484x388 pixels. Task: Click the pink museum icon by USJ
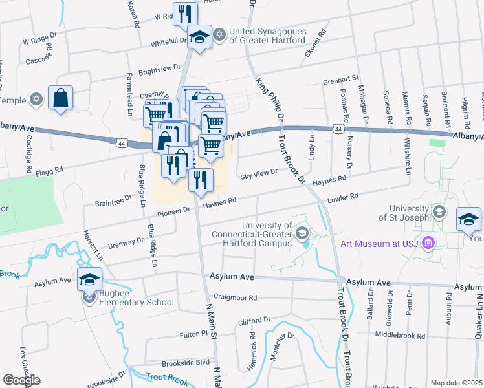point(427,243)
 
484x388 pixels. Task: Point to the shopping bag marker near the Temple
point(60,99)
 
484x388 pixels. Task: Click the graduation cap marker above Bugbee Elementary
point(90,279)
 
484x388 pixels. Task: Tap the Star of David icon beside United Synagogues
point(219,35)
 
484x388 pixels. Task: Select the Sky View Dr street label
point(259,174)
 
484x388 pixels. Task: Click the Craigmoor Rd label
point(236,298)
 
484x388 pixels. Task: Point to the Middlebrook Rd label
point(401,336)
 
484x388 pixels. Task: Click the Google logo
point(21,380)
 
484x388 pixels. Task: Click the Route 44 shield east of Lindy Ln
point(338,129)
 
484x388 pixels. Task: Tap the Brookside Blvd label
point(185,363)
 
